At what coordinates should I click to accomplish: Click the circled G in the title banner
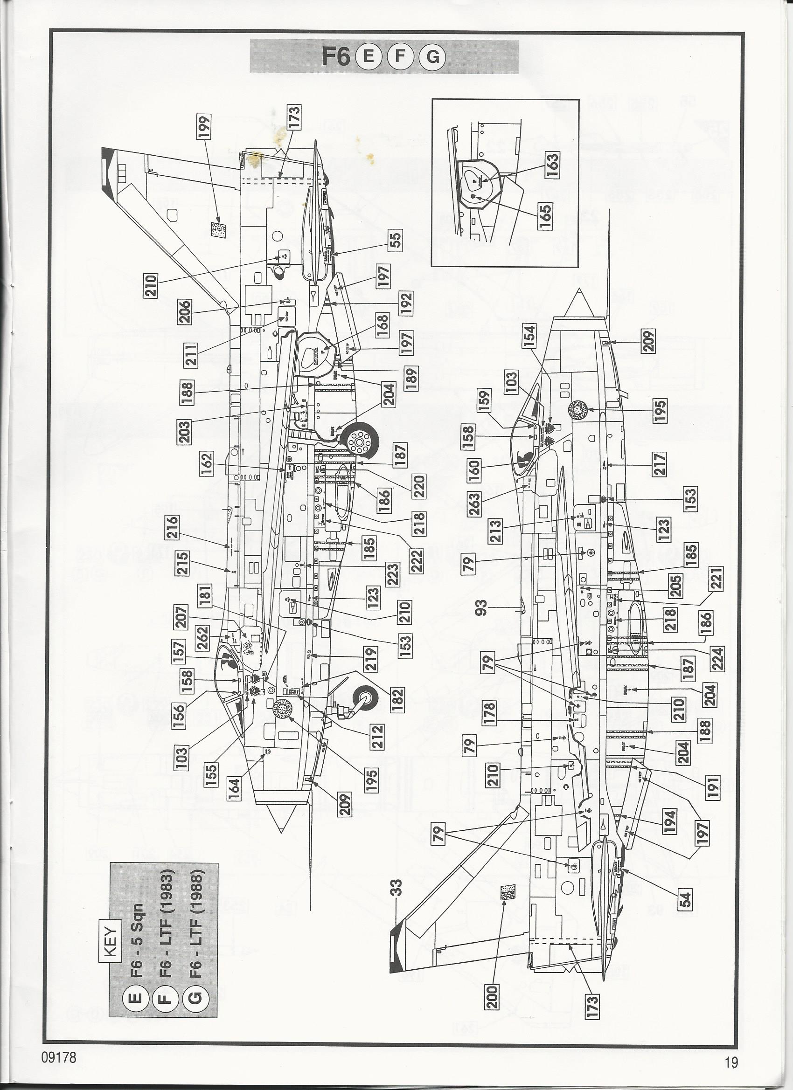432,57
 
